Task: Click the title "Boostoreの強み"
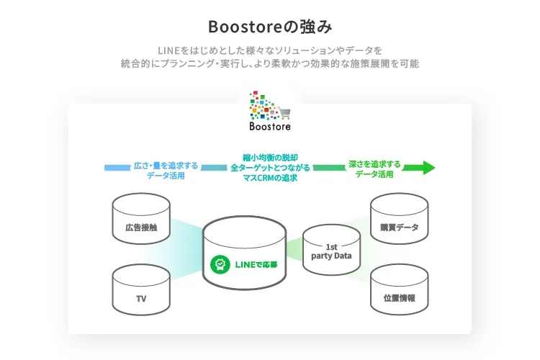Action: pos(269,27)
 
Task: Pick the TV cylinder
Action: pos(142,291)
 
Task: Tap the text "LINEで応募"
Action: pos(256,265)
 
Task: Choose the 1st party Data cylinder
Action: pos(331,251)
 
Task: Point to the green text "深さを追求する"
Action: pos(374,163)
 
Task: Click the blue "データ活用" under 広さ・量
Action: pos(166,175)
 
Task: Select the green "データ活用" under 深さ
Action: pos(374,174)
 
